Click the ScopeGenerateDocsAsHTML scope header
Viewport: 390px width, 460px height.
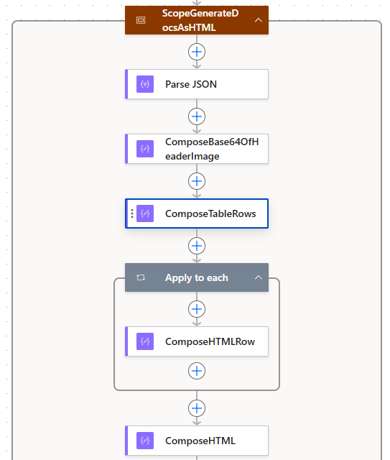[190, 20]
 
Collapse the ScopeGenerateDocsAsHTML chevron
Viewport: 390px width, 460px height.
[258, 20]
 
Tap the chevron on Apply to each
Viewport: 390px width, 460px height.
[258, 277]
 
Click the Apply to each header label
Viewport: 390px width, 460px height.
[196, 277]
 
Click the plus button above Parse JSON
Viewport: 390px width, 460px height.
[197, 52]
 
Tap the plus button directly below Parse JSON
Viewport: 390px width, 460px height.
[197, 116]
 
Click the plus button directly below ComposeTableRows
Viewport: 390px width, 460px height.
[197, 246]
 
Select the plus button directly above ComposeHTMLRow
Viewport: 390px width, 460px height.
[197, 309]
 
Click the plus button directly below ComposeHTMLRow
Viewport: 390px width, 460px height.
[197, 371]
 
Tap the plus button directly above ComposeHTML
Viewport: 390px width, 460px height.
[197, 408]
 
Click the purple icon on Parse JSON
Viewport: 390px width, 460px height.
[145, 84]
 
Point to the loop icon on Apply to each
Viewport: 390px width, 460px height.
[141, 277]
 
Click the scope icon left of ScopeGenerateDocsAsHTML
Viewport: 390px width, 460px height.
[141, 20]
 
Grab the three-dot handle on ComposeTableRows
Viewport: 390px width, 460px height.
[132, 213]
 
